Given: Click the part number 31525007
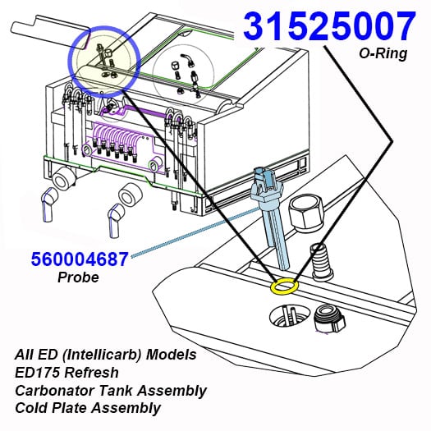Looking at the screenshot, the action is (x=329, y=25).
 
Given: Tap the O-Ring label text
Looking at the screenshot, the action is (x=383, y=53).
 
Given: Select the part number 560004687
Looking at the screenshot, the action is (x=80, y=259).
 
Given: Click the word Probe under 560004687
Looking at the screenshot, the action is (x=78, y=277).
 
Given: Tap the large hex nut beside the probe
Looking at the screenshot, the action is (x=306, y=212).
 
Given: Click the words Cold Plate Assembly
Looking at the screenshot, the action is (x=88, y=408).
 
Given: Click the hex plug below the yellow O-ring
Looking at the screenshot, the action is (x=328, y=319).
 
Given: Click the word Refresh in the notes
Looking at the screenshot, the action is (x=91, y=373).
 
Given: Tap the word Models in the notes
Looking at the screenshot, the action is (x=171, y=355).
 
